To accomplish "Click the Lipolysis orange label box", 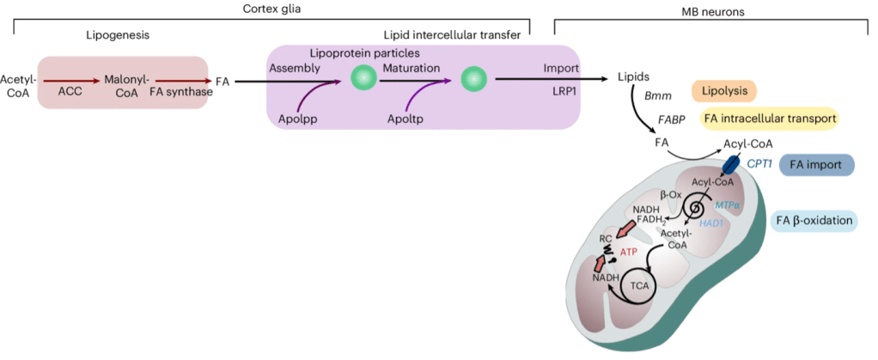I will point(724,90).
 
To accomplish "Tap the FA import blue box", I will point(815,165).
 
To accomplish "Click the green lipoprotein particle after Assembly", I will point(363,82).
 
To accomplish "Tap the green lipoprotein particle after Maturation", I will point(473,82).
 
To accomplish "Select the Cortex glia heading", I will point(272,8).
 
